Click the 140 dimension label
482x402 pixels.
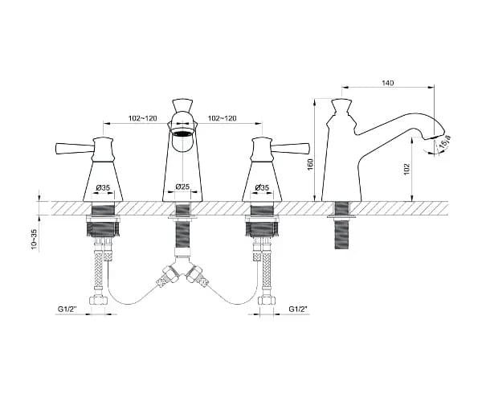pos(388,83)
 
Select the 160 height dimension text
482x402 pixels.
pos(310,165)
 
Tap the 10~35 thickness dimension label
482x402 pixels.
pos(34,239)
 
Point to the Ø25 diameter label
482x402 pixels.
pos(182,187)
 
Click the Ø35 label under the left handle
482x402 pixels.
pos(103,187)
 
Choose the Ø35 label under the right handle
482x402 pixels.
pos(262,187)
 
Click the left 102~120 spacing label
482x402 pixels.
pos(143,118)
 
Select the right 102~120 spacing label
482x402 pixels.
pos(223,118)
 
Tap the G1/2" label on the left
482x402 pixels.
pos(67,309)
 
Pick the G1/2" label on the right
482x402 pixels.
pos(298,309)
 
